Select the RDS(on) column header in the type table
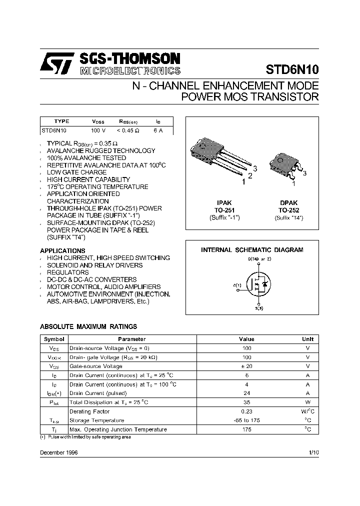[128, 121]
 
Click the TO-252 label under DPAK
[288, 210]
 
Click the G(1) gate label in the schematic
[237, 285]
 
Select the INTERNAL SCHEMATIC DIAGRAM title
[252, 250]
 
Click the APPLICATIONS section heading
[62, 250]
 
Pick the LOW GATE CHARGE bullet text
[76, 172]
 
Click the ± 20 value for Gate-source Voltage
[246, 366]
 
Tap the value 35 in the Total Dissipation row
[246, 402]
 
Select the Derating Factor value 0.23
[246, 411]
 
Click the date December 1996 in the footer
[58, 452]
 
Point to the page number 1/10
[313, 452]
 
